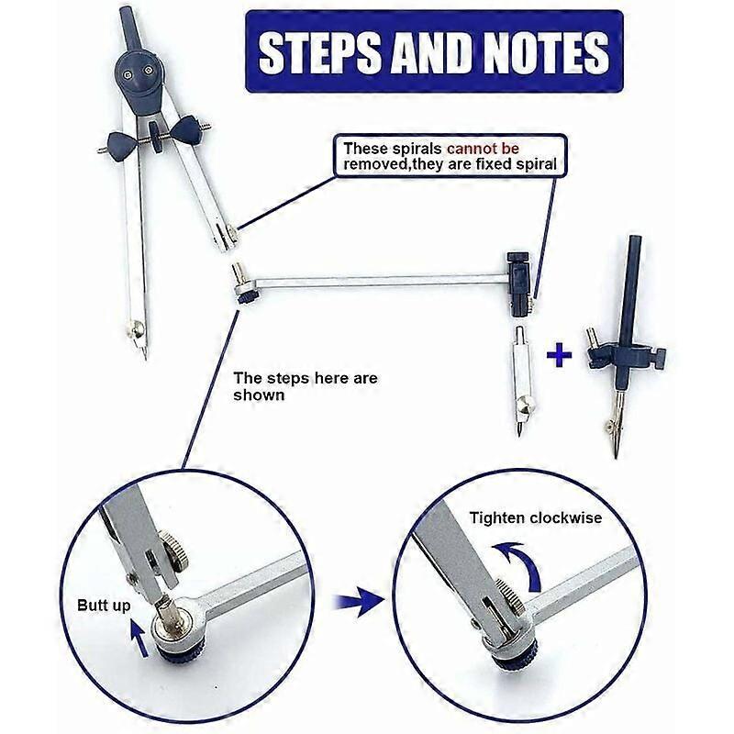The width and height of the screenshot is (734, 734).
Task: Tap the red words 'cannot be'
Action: tap(495, 148)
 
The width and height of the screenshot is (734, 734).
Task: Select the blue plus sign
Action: tap(559, 355)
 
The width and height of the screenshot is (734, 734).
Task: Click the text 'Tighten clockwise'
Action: tap(536, 518)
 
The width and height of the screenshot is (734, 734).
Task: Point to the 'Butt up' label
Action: tap(103, 606)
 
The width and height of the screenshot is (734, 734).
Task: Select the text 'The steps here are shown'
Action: tap(305, 386)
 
